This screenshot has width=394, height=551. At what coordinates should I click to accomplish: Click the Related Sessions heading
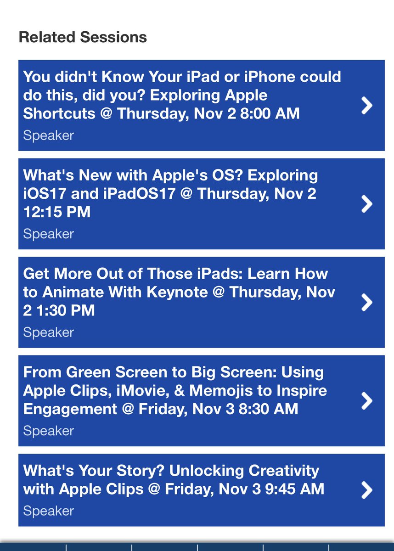click(x=83, y=37)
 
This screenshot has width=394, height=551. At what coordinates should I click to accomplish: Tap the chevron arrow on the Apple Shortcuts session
click(x=367, y=106)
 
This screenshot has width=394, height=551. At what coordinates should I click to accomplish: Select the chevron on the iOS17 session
click(x=367, y=204)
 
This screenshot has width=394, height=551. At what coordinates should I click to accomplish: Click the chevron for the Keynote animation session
click(x=367, y=303)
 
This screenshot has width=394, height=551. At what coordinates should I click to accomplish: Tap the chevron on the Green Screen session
click(x=367, y=401)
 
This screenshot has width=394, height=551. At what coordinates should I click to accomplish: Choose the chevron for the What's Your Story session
click(x=367, y=490)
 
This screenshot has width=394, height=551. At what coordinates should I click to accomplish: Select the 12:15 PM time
click(x=56, y=212)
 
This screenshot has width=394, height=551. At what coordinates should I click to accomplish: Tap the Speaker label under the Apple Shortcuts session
click(x=48, y=135)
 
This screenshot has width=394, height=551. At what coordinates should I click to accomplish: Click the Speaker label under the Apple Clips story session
click(x=48, y=511)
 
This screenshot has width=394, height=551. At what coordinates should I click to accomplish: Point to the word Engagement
click(x=70, y=409)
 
